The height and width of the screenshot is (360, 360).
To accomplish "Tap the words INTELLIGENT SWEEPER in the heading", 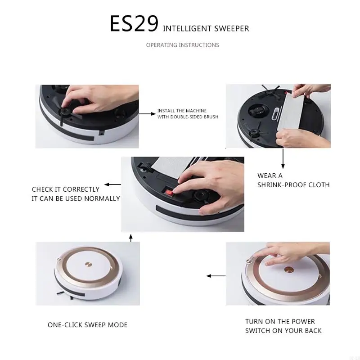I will point(206,29).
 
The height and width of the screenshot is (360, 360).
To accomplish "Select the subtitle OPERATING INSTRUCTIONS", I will point(182,45).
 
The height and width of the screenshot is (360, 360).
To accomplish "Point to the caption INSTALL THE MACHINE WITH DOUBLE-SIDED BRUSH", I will point(188,114).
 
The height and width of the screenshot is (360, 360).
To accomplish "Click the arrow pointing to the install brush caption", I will point(147,114).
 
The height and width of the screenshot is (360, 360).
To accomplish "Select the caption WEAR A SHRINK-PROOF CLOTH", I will point(293,180).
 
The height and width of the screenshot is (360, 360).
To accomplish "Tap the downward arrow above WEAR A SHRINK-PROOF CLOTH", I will point(283,158).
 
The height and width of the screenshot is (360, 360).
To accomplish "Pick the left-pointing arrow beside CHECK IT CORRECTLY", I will point(112,184).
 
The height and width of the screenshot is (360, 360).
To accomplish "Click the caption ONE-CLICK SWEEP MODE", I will point(87,324).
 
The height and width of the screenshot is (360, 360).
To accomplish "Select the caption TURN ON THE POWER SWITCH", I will point(283,326).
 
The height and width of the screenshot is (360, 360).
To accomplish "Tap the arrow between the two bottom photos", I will point(216,276).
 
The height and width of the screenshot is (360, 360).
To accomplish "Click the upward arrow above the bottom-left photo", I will point(131,238).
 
